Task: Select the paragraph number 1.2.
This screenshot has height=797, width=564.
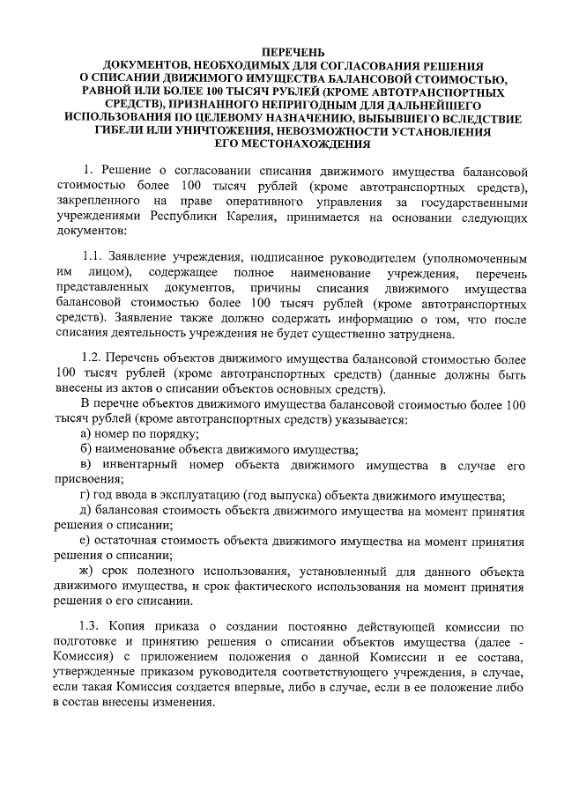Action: (x=93, y=361)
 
